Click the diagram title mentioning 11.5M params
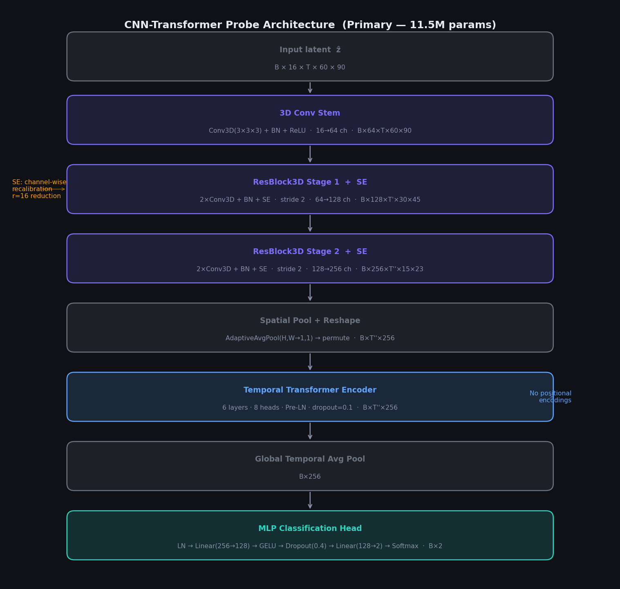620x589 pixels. [310, 25]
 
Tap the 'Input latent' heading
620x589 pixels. [310, 50]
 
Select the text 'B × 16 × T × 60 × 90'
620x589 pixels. [310, 67]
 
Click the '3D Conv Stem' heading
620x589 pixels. [310, 113]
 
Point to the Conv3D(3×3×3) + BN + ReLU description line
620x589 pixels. [310, 131]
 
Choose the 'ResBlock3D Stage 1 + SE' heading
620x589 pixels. [310, 182]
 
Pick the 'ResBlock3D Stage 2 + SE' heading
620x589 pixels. [310, 252]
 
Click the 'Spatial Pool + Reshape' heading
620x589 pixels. [310, 321]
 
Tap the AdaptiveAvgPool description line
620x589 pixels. [310, 338]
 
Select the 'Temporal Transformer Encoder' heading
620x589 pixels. [310, 390]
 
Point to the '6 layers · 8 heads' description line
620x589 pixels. [310, 408]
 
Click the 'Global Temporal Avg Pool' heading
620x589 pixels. [310, 459]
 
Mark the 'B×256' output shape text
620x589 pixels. [310, 477]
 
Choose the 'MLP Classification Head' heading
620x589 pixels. [310, 529]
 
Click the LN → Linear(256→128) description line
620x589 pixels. [310, 546]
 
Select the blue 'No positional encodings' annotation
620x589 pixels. [550, 397]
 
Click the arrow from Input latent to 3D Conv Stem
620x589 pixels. [310, 88]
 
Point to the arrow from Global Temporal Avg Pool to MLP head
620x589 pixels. [310, 500]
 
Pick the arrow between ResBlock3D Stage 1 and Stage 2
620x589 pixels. [310, 223]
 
